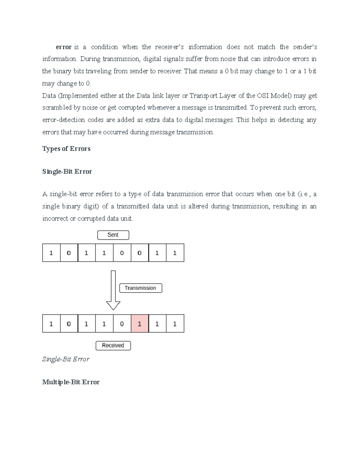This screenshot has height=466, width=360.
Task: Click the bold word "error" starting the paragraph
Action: [x=64, y=47]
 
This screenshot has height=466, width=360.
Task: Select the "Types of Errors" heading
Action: [x=66, y=149]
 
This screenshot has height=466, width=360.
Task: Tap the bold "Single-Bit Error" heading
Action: [x=67, y=172]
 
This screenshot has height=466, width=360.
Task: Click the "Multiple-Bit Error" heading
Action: [x=71, y=382]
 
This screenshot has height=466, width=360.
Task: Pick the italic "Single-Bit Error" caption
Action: [x=66, y=359]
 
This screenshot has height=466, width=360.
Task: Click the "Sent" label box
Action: [x=113, y=235]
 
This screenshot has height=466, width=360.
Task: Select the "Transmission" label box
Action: [x=140, y=288]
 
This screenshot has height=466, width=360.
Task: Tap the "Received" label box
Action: [x=113, y=346]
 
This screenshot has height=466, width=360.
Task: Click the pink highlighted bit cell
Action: [x=139, y=323]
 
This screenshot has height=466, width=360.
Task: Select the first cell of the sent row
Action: [x=51, y=253]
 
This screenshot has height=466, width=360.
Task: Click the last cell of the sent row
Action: [x=175, y=253]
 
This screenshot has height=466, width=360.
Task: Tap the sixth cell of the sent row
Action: [x=139, y=253]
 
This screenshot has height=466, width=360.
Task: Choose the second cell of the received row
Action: [x=69, y=323]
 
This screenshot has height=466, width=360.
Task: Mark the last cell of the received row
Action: [x=175, y=323]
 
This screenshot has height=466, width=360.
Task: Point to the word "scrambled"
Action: [x=57, y=108]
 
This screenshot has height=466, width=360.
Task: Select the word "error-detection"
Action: [x=64, y=120]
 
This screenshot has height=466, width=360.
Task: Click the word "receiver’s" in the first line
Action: [x=169, y=47]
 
